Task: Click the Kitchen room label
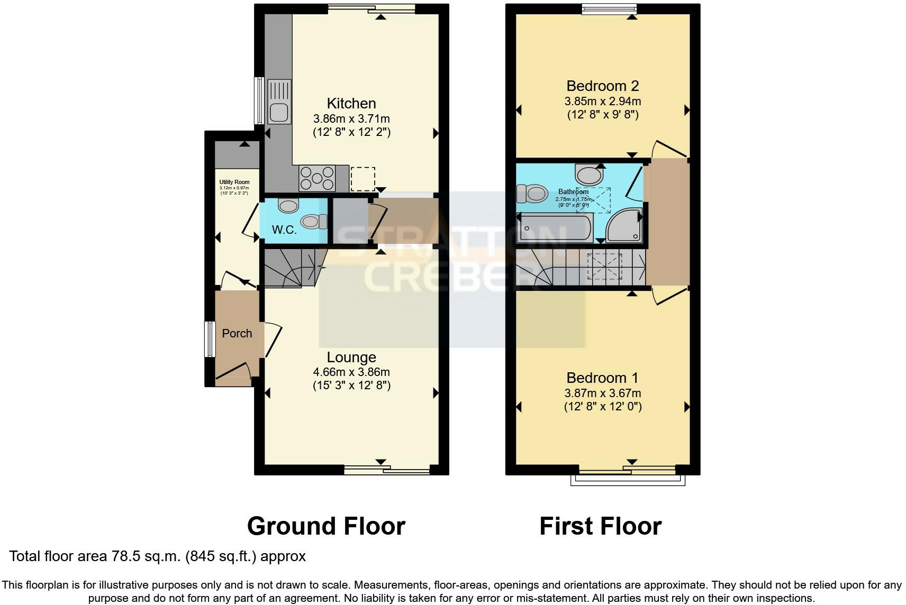coord(351,104)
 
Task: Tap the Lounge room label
coord(351,357)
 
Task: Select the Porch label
coord(237,334)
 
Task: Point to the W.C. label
coord(284,230)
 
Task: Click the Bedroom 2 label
coord(603,86)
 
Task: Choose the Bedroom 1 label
coord(602,378)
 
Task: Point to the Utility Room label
coord(234,182)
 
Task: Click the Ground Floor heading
coord(326,526)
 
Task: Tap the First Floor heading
coord(600,526)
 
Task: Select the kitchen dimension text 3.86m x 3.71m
coord(351,118)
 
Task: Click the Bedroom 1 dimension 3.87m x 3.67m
coord(603,393)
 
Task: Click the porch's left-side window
coord(210,339)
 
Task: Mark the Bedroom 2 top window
coord(609,8)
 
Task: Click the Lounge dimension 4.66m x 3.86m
coord(351,372)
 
